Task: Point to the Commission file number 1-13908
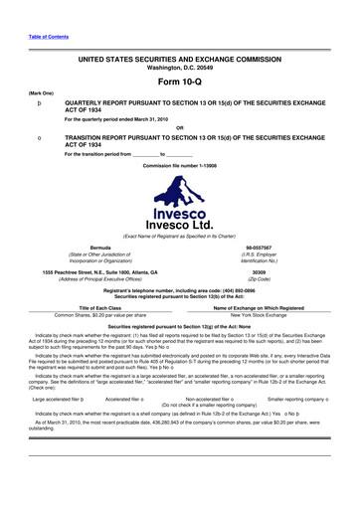(x=180, y=135)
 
